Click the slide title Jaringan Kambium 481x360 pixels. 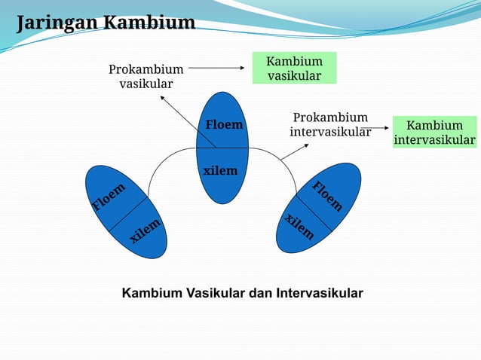click(x=106, y=23)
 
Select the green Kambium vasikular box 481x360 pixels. click(x=294, y=69)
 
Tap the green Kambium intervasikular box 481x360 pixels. click(x=435, y=133)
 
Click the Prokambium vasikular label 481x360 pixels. click(x=146, y=76)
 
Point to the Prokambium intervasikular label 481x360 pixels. click(x=330, y=125)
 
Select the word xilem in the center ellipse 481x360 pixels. click(x=220, y=171)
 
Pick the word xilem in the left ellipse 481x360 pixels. click(x=146, y=230)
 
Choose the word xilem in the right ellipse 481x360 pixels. click(x=299, y=226)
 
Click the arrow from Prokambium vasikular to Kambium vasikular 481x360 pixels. click(x=219, y=69)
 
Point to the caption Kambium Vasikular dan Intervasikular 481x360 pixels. click(x=242, y=292)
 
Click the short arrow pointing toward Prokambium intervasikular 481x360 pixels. click(x=293, y=151)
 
